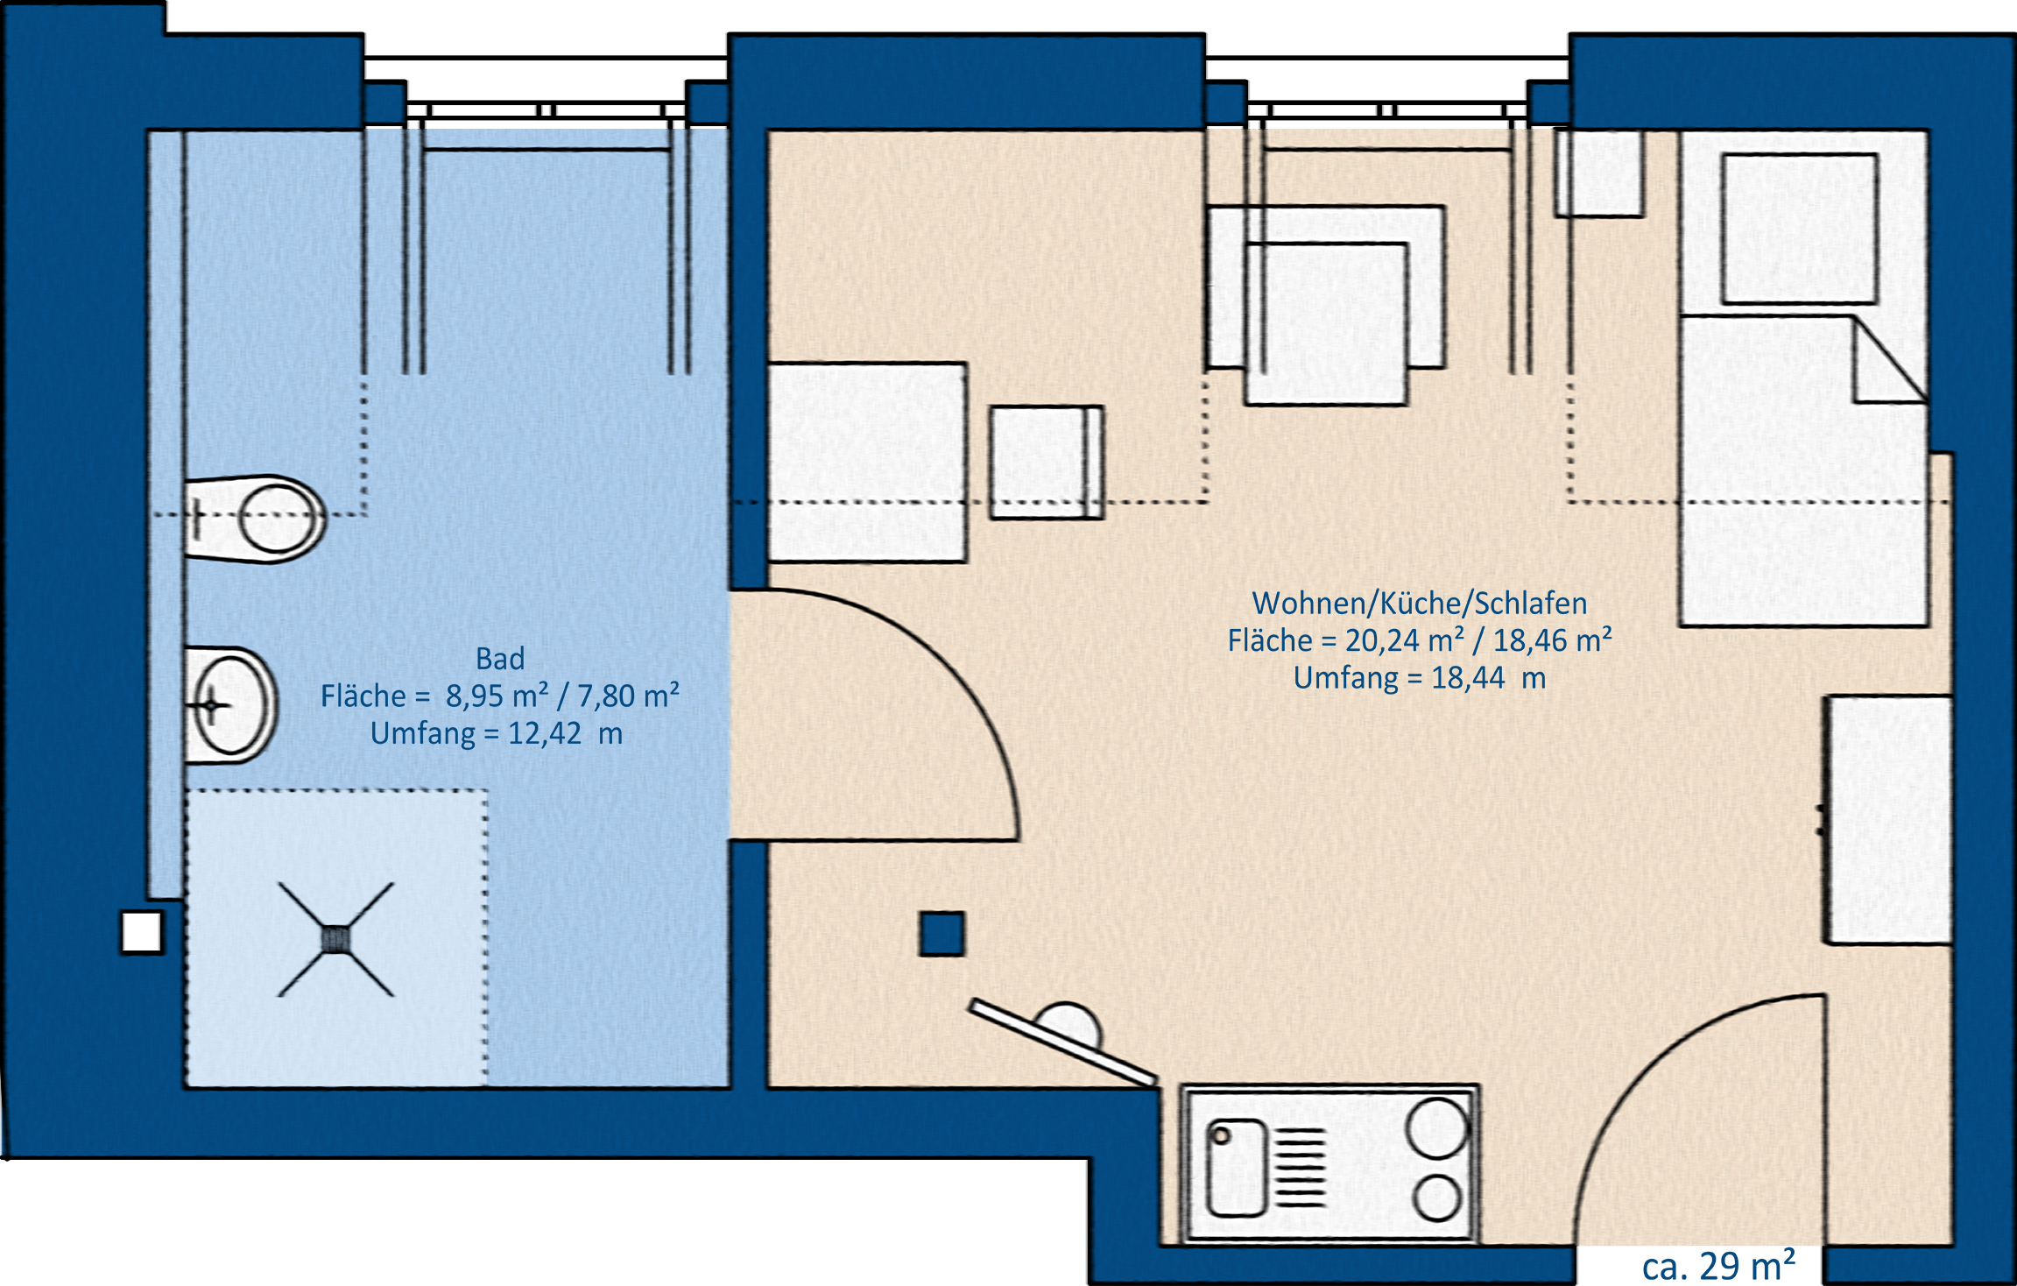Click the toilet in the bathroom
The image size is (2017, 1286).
point(254,519)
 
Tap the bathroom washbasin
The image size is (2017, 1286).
point(230,705)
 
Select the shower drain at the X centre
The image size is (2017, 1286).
point(335,940)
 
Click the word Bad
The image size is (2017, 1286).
point(500,659)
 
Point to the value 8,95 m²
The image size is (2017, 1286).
point(497,696)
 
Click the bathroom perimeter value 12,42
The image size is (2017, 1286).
point(544,733)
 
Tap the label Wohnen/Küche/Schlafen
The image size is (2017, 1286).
point(1420,604)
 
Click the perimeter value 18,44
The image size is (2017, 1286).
point(1468,678)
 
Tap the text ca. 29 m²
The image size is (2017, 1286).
point(1718,1266)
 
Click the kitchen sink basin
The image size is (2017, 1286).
point(1237,1168)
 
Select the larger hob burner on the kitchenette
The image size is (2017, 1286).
point(1437,1127)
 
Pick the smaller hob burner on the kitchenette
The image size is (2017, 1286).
point(1437,1198)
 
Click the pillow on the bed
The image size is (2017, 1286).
point(1800,229)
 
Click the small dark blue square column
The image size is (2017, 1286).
point(942,933)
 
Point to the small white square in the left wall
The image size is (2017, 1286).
point(142,932)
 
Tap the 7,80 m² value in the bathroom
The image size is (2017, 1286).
point(628,696)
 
